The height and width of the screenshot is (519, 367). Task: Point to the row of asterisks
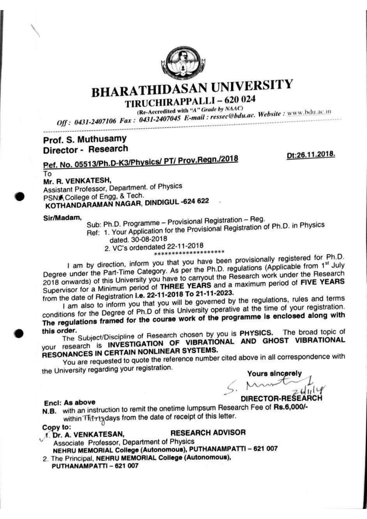tap(189, 253)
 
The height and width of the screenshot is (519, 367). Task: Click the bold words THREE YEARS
tap(186, 286)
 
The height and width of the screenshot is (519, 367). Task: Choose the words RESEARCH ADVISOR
tap(208, 433)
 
